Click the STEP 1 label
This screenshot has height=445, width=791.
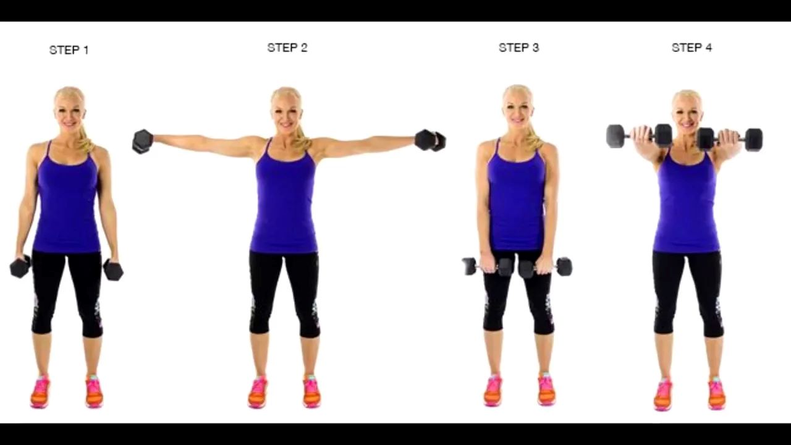click(x=69, y=50)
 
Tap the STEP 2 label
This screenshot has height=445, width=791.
click(x=287, y=48)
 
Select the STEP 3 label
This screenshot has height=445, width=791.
click(x=518, y=48)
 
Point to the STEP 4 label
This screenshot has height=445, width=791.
click(x=692, y=48)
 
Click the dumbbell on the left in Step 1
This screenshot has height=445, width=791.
click(x=20, y=266)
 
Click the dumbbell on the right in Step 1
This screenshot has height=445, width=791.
click(x=113, y=270)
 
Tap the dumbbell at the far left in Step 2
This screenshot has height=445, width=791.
click(x=142, y=142)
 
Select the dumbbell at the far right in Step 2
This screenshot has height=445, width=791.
click(x=430, y=140)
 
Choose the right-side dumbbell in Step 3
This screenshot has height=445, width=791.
click(x=546, y=268)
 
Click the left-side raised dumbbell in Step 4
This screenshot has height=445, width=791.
click(x=640, y=135)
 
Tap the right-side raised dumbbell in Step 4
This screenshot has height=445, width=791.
click(x=730, y=140)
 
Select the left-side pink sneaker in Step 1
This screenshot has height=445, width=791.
click(x=40, y=392)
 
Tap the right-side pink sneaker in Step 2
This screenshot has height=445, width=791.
click(x=311, y=391)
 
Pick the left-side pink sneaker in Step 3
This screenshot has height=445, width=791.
click(x=493, y=391)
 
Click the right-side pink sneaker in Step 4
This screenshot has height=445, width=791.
click(x=716, y=394)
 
